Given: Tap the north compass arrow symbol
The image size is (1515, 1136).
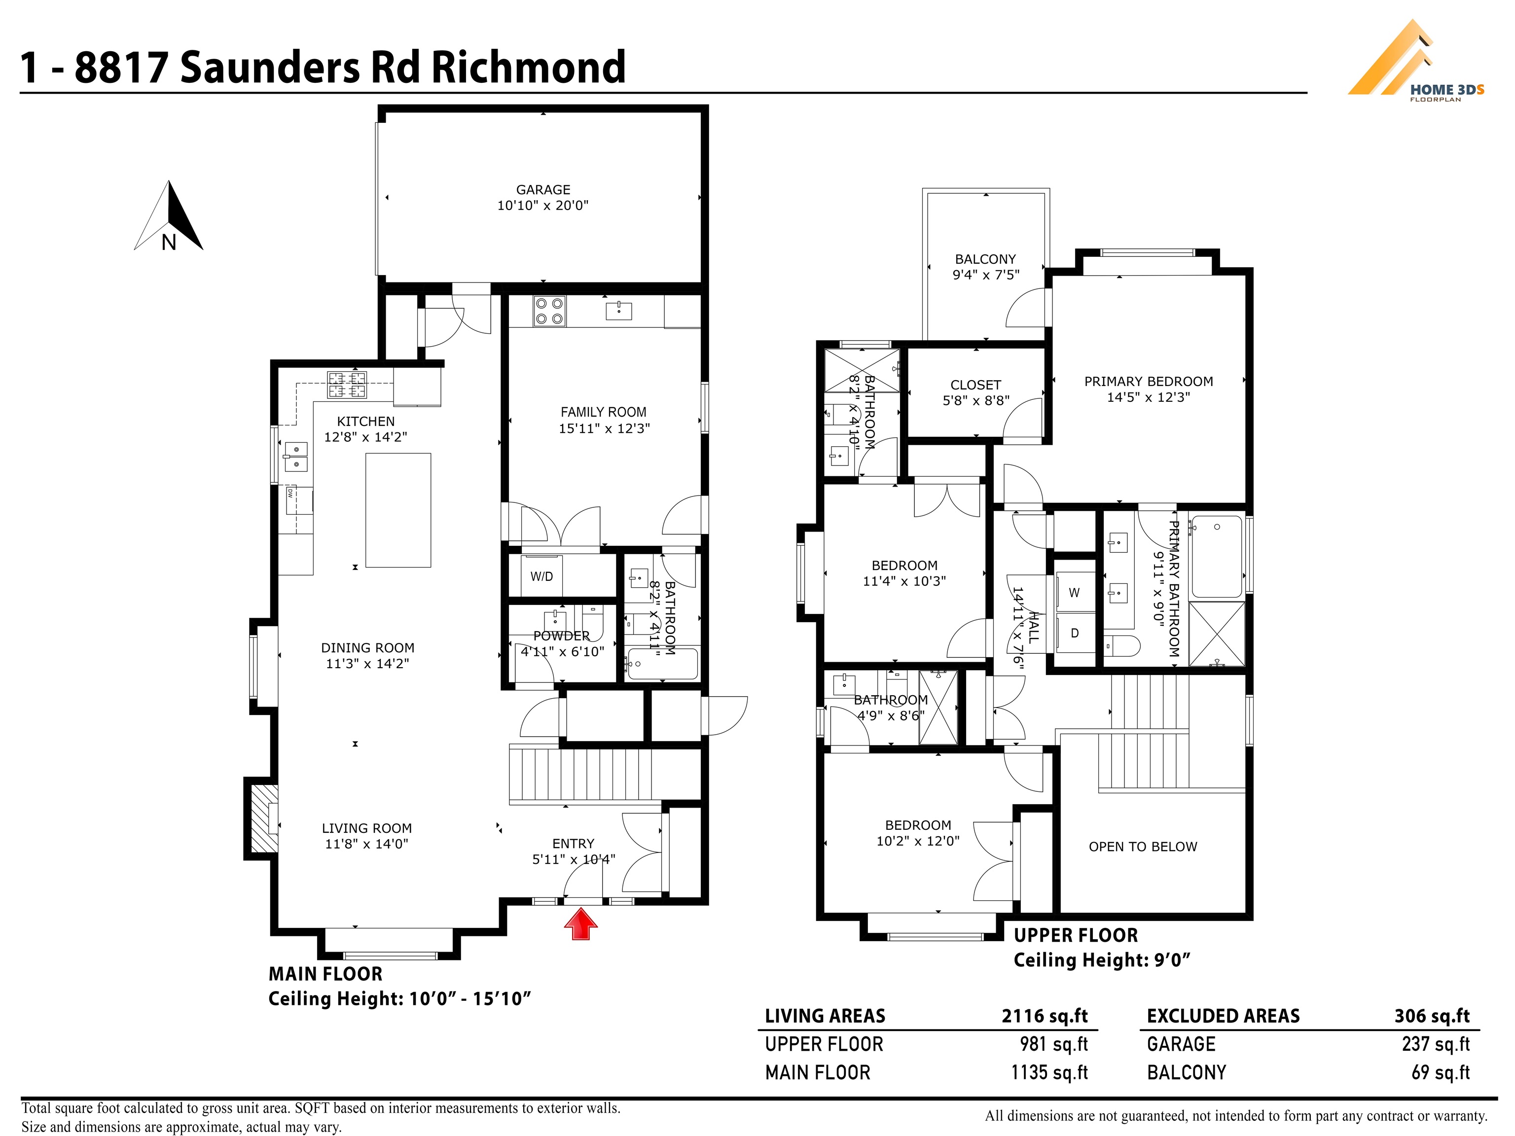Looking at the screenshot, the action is pyautogui.click(x=169, y=215).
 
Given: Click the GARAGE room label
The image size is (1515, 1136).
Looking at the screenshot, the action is pyautogui.click(x=543, y=190).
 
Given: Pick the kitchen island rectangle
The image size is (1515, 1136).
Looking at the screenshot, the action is pyautogui.click(x=398, y=510).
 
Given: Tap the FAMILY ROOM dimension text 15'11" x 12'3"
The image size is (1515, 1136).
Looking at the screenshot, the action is pyautogui.click(x=604, y=428).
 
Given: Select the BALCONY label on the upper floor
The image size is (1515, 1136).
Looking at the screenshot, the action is pyautogui.click(x=985, y=259).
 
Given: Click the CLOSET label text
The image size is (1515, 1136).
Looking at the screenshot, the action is pyautogui.click(x=975, y=385).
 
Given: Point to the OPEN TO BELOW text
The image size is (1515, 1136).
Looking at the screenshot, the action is pyautogui.click(x=1143, y=847).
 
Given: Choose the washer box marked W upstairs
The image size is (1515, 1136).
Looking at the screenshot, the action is pyautogui.click(x=1075, y=592).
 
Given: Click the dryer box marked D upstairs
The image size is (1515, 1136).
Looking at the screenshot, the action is pyautogui.click(x=1075, y=634).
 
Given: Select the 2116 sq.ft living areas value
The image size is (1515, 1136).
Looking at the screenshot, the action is pyautogui.click(x=1045, y=1016).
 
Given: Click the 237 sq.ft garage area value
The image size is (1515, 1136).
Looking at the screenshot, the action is pyautogui.click(x=1436, y=1044).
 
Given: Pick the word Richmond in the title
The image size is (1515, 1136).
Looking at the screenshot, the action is pyautogui.click(x=528, y=67).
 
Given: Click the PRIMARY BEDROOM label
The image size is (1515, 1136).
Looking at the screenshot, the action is pyautogui.click(x=1149, y=382).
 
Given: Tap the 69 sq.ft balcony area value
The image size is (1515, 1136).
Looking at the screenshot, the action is pyautogui.click(x=1441, y=1072).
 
